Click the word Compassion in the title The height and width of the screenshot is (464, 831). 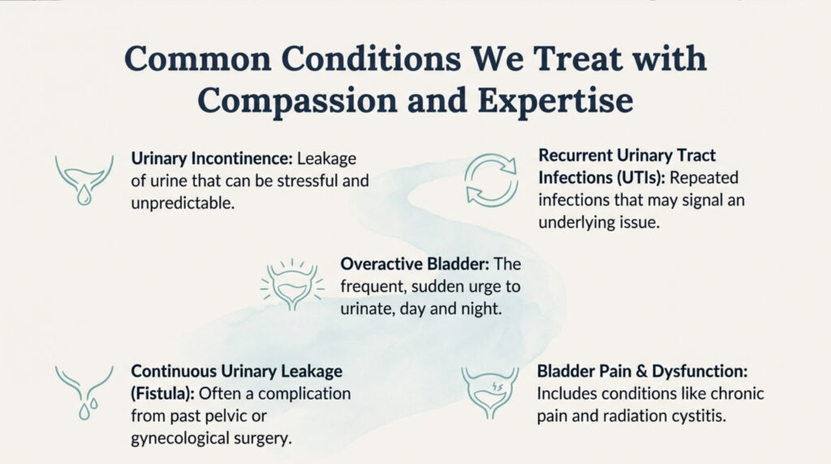click(297, 100)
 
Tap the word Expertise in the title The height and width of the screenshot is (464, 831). click(555, 100)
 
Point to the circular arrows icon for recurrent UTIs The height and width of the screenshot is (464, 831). click(491, 181)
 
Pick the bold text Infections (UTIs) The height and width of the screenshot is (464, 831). click(601, 178)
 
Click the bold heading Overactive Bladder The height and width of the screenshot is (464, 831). click(415, 264)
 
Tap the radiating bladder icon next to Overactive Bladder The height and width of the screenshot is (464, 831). click(292, 285)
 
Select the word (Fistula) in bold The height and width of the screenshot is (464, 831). click(162, 393)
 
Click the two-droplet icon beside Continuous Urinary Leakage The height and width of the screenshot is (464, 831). click(84, 393)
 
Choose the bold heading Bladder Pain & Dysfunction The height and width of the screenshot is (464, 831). click(642, 371)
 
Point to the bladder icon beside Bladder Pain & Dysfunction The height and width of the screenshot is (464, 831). click(489, 393)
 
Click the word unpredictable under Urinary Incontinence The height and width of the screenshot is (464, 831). click(183, 203)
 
